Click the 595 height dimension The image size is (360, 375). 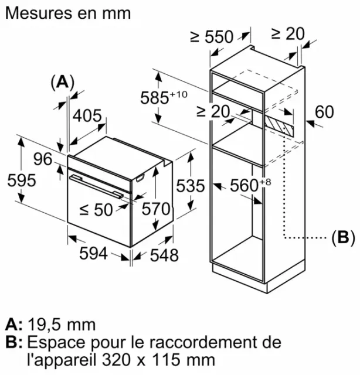pos(22,180)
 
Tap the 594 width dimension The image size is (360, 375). pos(93,254)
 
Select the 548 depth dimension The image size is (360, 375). pos(164,255)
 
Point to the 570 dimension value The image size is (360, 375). pos(156,209)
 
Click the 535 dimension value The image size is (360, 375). pos(191,186)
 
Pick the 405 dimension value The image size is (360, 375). pos(87,116)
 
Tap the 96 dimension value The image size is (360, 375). pos(43,159)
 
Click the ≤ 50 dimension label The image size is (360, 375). pos(96,210)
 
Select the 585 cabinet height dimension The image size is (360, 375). pos(164,97)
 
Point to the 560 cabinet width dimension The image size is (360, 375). pos(250,185)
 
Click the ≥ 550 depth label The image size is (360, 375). pos(212,36)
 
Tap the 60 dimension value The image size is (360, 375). pos(324,112)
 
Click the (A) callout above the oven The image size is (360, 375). pos(63,83)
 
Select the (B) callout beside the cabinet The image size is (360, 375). pos(343,238)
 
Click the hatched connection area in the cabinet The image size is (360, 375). pos(279,125)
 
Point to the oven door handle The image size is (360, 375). pos(97,186)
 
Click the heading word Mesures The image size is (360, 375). pos(39,13)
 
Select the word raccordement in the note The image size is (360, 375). pos(203,342)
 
